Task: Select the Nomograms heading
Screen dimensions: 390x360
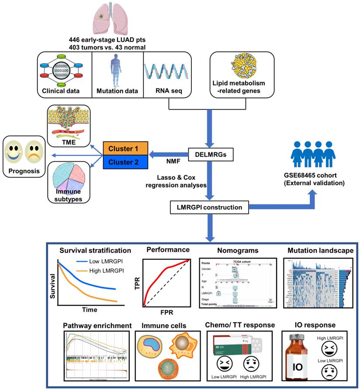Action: (x=228, y=250)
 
